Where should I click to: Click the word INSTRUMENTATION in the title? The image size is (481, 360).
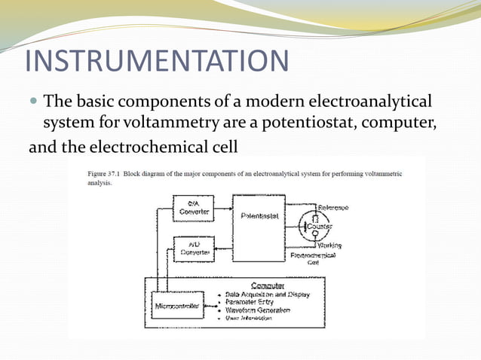156,60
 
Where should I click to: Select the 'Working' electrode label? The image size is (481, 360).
329,246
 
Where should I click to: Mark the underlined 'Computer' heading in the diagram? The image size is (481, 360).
268,285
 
